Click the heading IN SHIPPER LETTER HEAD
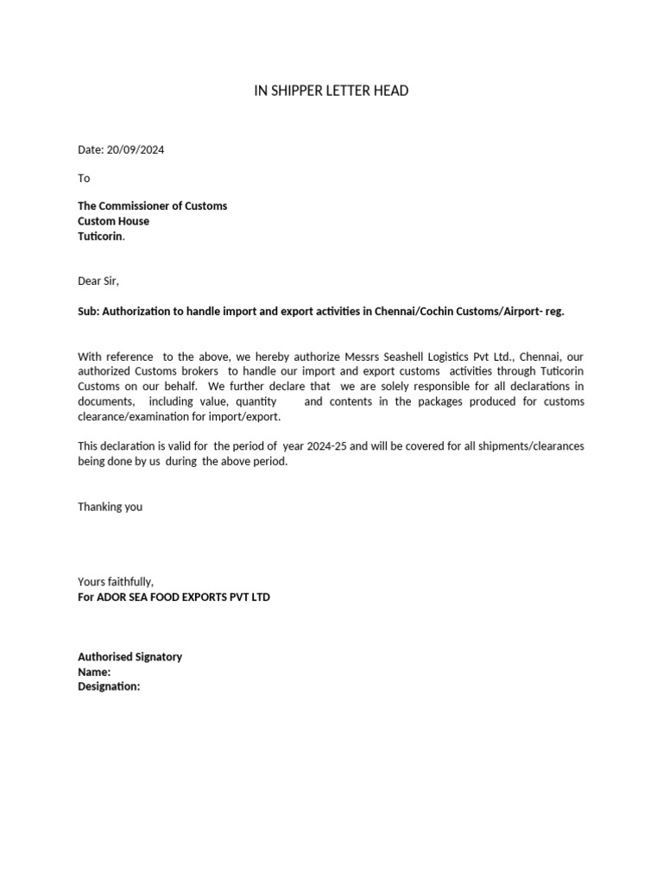click(x=331, y=91)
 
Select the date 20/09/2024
click(x=136, y=149)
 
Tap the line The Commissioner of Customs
click(x=153, y=206)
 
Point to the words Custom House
click(x=113, y=221)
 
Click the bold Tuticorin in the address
click(x=100, y=236)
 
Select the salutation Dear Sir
click(x=98, y=281)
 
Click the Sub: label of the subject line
click(x=89, y=311)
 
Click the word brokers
click(x=200, y=371)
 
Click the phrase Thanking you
click(x=110, y=507)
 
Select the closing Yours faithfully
click(x=115, y=582)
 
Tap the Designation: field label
click(x=109, y=686)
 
